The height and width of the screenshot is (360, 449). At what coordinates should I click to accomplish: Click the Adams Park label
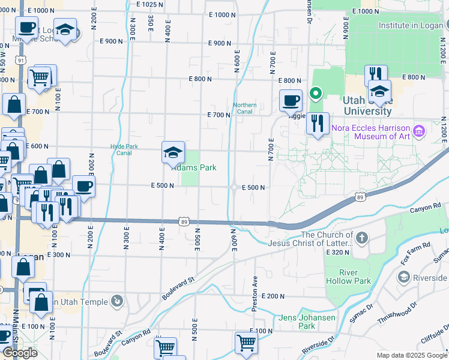(x=194, y=167)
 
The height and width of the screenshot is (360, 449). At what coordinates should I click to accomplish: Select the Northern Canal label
(x=245, y=109)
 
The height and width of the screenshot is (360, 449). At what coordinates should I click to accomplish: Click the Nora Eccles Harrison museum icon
(x=419, y=130)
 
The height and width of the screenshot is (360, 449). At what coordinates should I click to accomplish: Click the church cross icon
(x=361, y=238)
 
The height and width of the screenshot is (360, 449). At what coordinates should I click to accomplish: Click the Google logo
(x=20, y=353)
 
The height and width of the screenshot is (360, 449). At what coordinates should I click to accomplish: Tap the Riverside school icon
(x=404, y=277)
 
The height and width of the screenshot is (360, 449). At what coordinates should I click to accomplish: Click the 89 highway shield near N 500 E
(x=185, y=221)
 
